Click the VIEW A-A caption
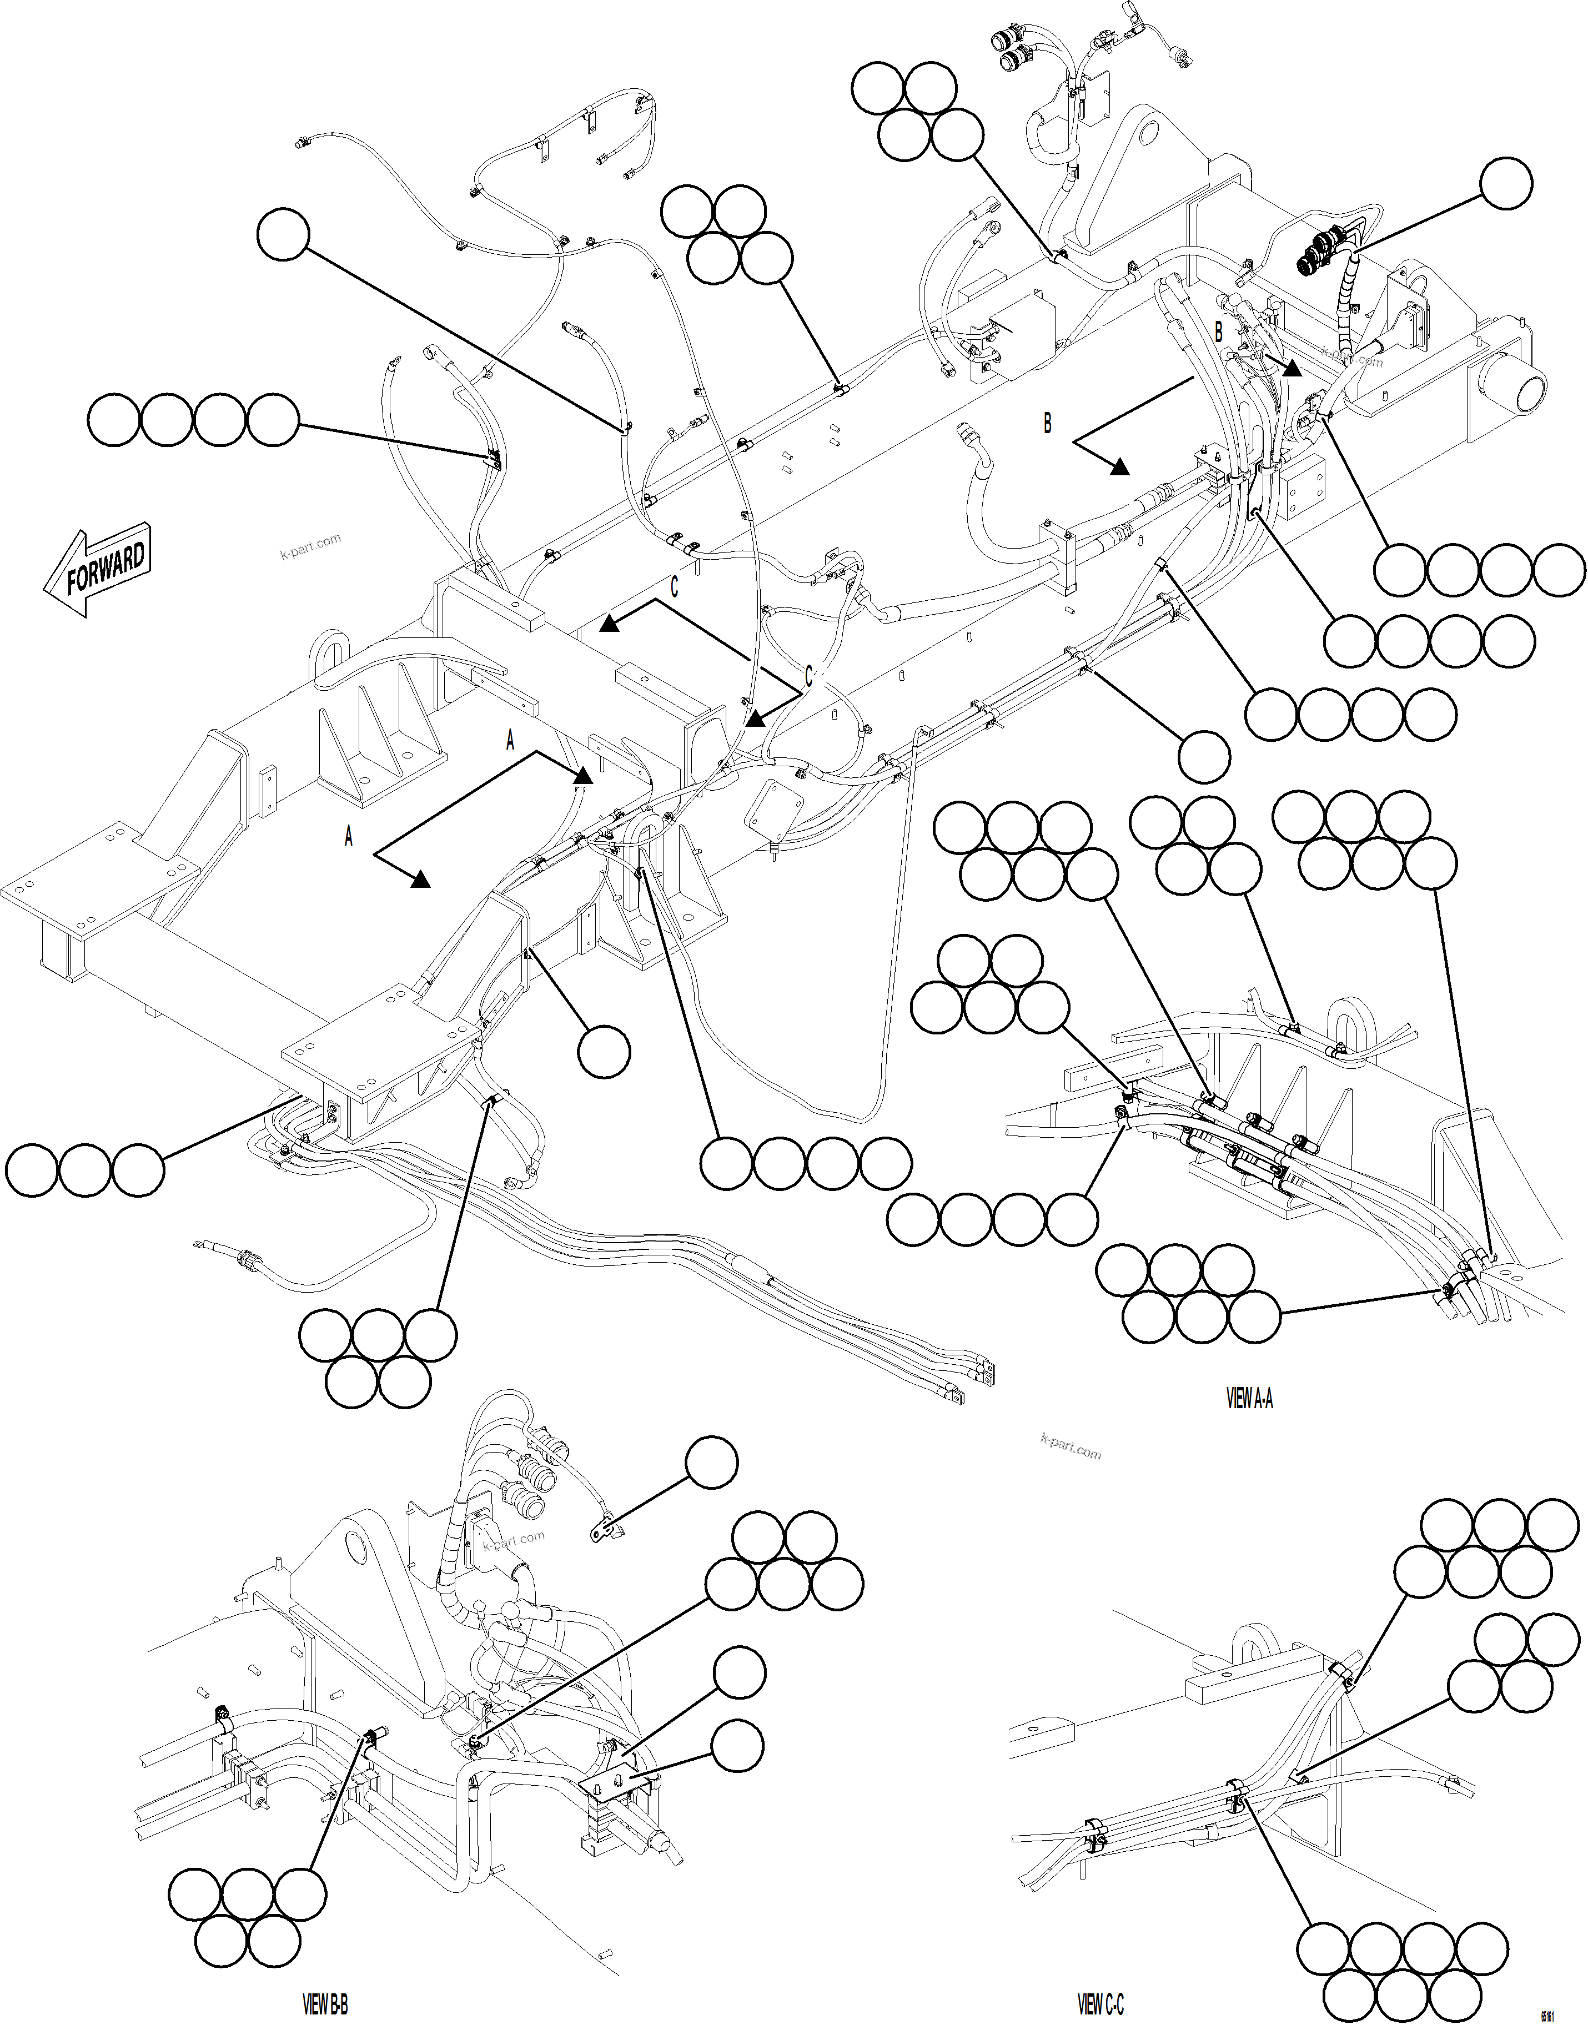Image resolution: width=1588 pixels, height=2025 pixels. [1249, 1398]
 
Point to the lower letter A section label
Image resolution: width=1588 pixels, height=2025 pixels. [349, 837]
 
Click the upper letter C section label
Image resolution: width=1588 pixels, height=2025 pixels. [674, 587]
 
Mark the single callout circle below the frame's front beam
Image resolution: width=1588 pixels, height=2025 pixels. [604, 1052]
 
